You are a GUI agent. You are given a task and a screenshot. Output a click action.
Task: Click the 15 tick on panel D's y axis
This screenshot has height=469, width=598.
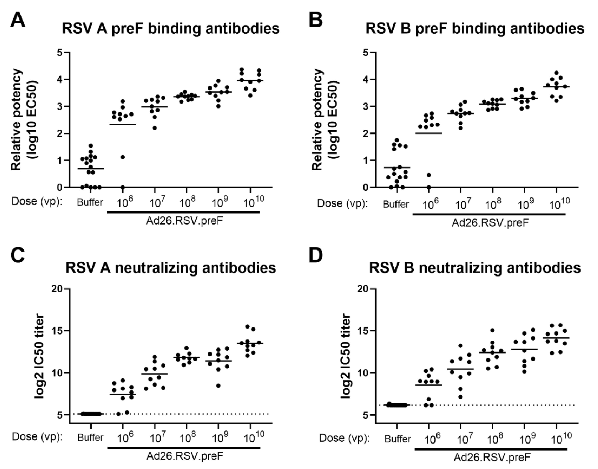[363, 331]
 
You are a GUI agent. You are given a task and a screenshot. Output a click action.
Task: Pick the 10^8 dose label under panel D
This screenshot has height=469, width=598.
[493, 440]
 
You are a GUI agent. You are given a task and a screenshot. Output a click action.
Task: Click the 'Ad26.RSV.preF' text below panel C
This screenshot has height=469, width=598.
[185, 456]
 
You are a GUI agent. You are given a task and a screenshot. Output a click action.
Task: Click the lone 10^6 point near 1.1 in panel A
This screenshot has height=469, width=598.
[123, 157]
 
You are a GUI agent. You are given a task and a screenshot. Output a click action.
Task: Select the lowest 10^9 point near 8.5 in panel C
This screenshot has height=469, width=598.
[218, 386]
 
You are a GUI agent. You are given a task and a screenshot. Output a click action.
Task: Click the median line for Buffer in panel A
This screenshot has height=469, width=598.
[90, 169]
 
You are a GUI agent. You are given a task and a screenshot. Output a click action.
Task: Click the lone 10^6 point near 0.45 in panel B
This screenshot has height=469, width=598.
[429, 175]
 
